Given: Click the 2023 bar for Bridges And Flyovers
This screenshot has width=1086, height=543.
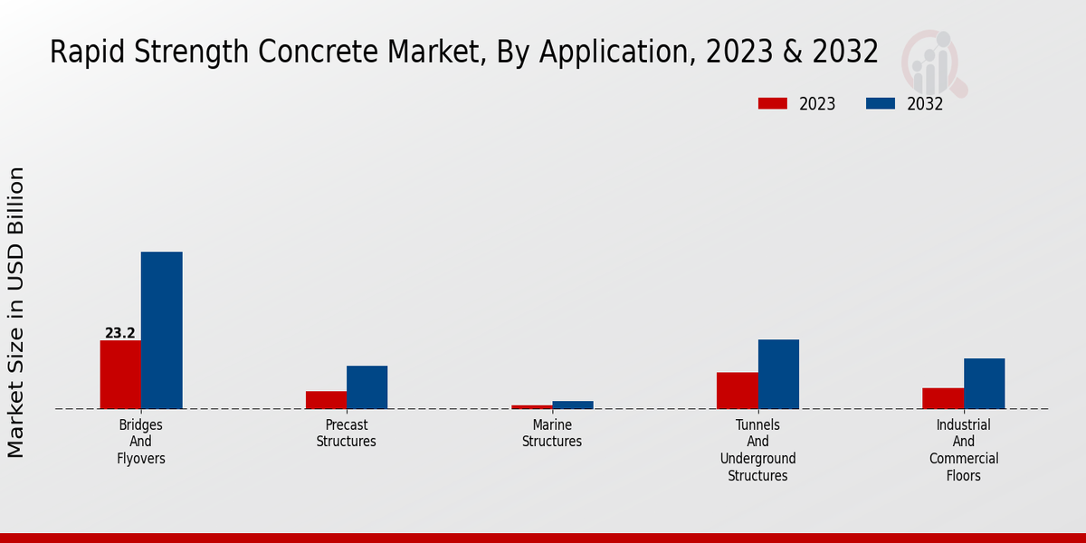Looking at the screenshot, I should point(120,374).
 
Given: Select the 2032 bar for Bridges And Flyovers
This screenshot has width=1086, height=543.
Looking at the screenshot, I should point(161,329).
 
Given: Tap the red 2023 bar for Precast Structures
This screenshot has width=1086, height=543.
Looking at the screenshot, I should point(326,399).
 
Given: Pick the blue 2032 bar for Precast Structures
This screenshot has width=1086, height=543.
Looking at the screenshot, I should point(367,386).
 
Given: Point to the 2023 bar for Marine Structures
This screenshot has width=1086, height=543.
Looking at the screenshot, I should point(531,406).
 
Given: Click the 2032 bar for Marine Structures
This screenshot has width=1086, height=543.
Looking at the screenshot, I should point(572,405).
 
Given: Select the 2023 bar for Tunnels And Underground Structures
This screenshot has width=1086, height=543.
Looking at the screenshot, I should point(737,390).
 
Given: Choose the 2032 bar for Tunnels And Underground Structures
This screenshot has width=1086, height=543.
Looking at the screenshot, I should point(778,374).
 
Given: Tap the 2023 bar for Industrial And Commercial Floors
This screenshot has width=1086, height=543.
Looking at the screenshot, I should point(943,398).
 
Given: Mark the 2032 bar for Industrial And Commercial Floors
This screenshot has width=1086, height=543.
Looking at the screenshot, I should point(984,383).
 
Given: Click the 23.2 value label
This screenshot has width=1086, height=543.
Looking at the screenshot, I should point(120,333).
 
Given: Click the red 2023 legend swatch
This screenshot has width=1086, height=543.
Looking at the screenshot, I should point(772,103).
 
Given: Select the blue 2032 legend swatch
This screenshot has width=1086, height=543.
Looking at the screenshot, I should point(881,103).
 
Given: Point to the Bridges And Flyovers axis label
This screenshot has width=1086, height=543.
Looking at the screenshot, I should point(141,442).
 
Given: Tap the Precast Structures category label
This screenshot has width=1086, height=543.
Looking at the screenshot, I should point(346,433).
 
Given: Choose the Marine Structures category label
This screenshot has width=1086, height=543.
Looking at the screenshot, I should point(552,433).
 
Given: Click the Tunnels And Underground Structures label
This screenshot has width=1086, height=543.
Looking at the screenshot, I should point(757,450).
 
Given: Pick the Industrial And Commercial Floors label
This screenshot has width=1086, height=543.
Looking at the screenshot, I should point(964,450).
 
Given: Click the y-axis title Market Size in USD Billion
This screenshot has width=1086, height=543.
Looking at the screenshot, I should point(17,311).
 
